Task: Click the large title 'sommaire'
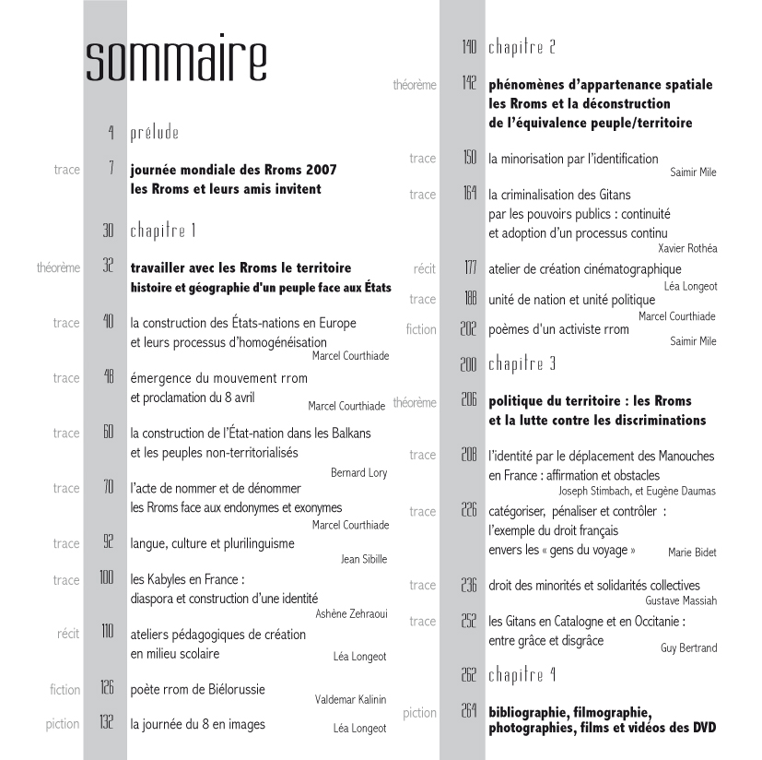[x=176, y=61]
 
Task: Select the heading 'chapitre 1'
[x=163, y=231]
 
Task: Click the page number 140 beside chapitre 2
[x=469, y=47]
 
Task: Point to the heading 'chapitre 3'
[x=522, y=363]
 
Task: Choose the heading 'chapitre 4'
[x=522, y=675]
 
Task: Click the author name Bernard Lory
[x=359, y=473]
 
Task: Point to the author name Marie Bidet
[x=692, y=552]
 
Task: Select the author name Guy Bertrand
[x=688, y=648]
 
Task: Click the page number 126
[x=107, y=687]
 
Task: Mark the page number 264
[x=468, y=710]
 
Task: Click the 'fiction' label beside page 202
[x=421, y=329]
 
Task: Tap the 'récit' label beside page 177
[x=425, y=268]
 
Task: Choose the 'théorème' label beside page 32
[x=58, y=268]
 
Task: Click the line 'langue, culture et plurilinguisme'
[x=221, y=543]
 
